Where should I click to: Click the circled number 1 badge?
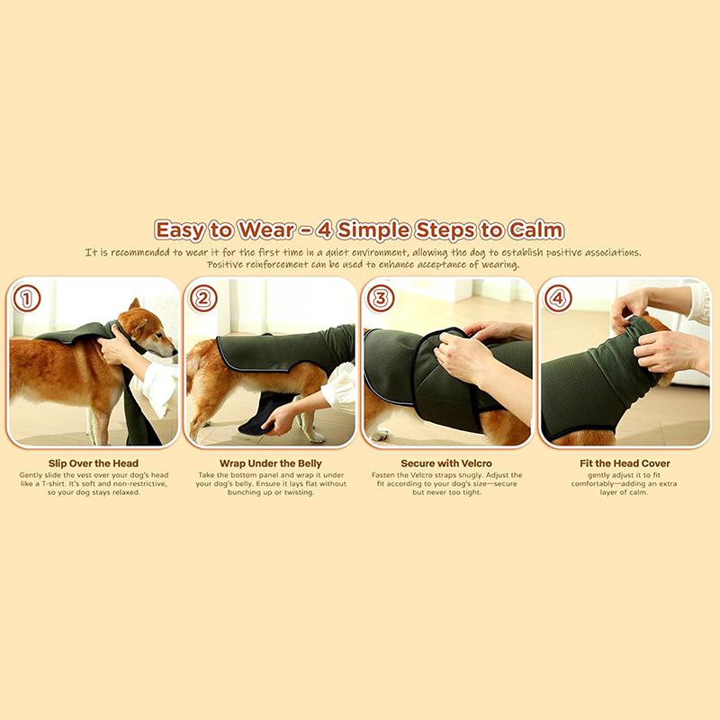(x=27, y=299)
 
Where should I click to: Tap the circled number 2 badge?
(x=203, y=299)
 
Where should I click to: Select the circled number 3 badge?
(x=381, y=299)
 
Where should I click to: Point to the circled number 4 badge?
(x=557, y=299)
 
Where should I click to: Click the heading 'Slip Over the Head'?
(x=94, y=463)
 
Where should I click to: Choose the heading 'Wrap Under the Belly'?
(x=271, y=463)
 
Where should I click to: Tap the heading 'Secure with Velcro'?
(x=446, y=463)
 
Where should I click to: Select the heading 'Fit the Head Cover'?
(x=625, y=463)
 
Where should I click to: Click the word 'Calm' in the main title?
(x=535, y=230)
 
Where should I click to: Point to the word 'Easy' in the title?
(x=179, y=231)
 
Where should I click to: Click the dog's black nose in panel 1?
(x=174, y=353)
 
